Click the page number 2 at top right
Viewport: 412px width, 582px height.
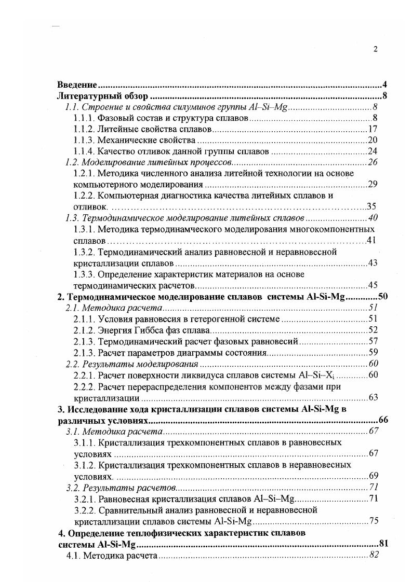point(375,50)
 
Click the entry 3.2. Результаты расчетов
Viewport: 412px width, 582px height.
point(122,487)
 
